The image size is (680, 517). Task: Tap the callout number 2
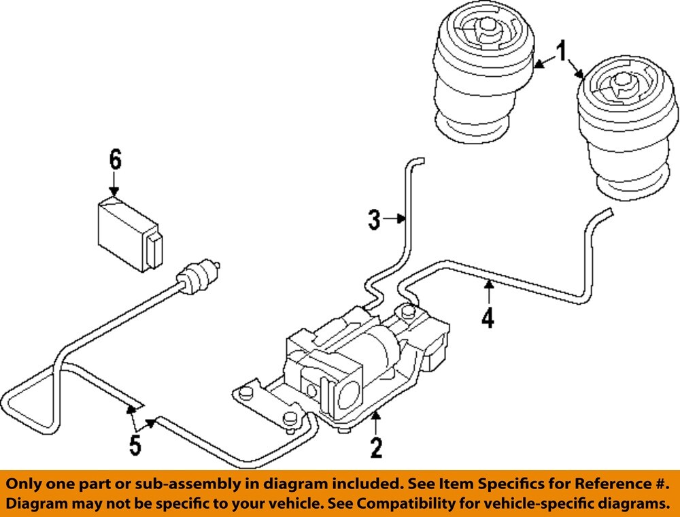coord(375,448)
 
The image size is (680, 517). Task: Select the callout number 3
coord(374,220)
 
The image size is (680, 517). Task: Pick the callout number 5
coord(135,445)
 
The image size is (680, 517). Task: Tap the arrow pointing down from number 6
coord(114,185)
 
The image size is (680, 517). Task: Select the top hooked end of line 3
coord(417,161)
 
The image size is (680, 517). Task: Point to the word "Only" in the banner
coord(29,484)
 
